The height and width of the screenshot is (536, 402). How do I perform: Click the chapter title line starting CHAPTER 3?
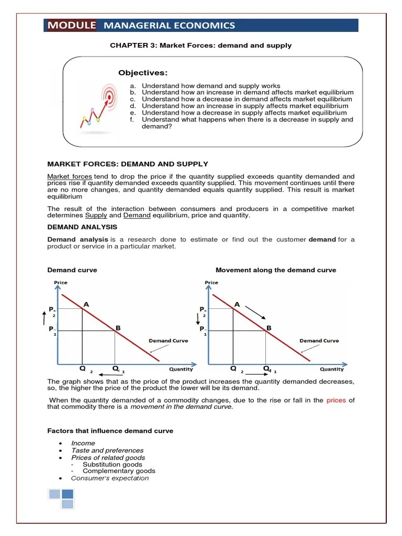point(200,46)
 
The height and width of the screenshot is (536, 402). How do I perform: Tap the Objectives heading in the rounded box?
point(142,73)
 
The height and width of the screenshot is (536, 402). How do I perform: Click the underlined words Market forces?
point(70,176)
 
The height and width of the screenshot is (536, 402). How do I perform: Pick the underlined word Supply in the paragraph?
point(96,215)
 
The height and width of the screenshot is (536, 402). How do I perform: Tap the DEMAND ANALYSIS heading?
point(82,227)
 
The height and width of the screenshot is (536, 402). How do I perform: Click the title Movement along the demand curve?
point(276,270)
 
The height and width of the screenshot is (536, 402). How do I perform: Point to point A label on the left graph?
point(86,304)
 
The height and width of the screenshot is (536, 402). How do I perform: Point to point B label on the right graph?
point(269,328)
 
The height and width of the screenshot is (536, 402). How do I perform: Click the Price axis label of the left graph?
point(61,283)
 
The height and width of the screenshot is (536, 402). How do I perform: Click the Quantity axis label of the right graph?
point(332,369)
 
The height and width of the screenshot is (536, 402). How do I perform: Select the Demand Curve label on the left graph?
point(168,341)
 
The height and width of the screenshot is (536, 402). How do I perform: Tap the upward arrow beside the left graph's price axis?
point(44,317)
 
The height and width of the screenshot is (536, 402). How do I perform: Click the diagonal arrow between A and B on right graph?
point(255,312)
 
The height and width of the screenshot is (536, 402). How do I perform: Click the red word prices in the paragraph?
point(336,400)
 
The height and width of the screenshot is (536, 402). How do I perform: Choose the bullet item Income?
point(83,443)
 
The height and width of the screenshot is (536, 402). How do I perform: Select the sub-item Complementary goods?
point(113,471)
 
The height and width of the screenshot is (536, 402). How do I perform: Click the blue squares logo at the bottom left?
point(61,498)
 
